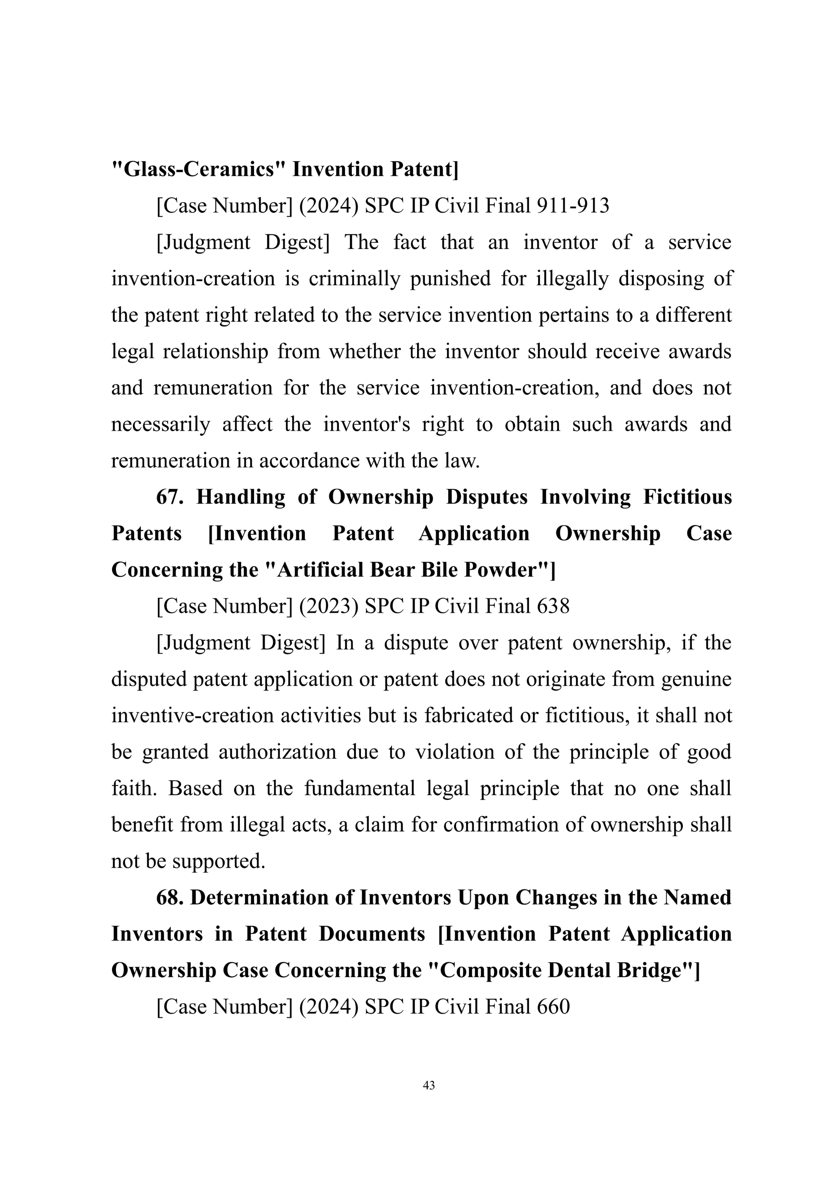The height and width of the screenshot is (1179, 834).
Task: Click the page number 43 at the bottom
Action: point(429,1085)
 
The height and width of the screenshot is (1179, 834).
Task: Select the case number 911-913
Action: point(573,206)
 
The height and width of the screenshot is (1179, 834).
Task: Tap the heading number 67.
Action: point(169,497)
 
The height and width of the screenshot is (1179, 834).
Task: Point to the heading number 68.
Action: point(169,898)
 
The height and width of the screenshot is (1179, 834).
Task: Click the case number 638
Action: point(553,607)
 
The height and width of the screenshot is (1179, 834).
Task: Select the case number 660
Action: point(553,1007)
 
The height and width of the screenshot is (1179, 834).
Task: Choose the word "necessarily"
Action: point(161,425)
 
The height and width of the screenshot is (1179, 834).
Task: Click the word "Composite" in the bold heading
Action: point(485,971)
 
